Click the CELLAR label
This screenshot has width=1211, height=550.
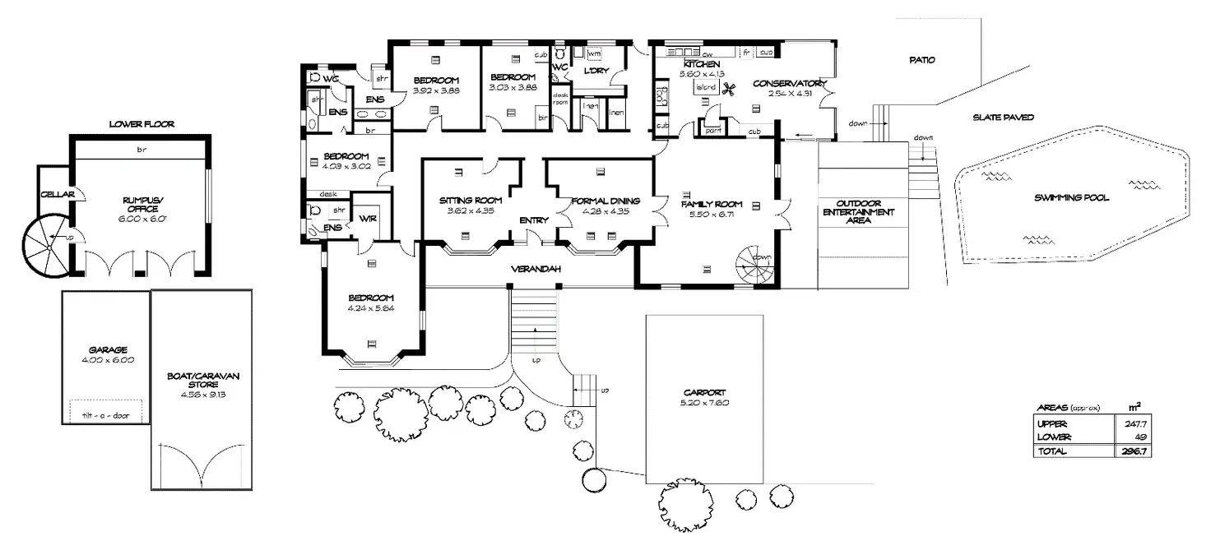(x=58, y=194)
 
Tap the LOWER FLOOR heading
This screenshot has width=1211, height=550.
(x=142, y=124)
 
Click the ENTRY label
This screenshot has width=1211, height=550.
(x=534, y=220)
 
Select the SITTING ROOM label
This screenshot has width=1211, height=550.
(x=470, y=201)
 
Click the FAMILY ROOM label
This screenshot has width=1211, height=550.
(x=712, y=204)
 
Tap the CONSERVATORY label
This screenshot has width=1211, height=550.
(x=788, y=83)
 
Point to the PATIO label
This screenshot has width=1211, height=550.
(x=922, y=60)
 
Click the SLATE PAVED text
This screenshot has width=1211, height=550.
(x=1003, y=118)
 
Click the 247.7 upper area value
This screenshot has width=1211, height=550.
(x=1134, y=423)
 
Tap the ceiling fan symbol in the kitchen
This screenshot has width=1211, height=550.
(x=727, y=89)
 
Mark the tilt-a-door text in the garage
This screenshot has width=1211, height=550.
(x=106, y=415)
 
